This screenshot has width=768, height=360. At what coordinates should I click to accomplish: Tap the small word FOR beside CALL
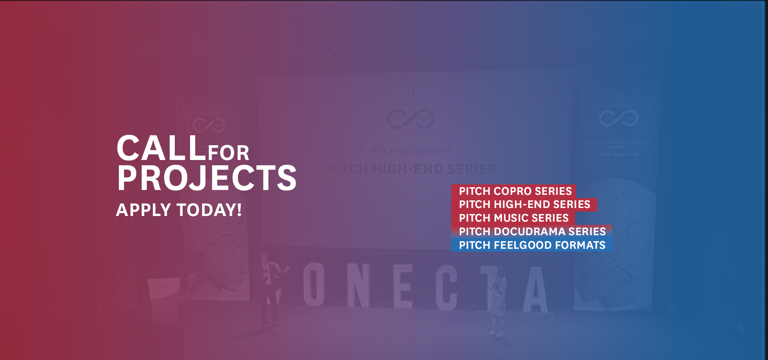228,153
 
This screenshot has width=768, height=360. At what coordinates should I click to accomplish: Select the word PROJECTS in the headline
206,178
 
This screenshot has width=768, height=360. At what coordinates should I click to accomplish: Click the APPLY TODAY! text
179,210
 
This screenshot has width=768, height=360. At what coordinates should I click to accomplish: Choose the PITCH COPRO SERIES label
515,191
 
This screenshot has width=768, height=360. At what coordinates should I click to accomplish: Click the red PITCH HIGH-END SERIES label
524,204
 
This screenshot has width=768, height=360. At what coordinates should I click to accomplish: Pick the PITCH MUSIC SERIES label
513,218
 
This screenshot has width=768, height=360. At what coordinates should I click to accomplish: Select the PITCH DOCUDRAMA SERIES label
532,232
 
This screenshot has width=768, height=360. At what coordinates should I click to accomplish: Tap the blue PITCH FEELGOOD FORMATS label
532,245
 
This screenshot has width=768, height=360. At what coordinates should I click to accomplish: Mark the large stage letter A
535,290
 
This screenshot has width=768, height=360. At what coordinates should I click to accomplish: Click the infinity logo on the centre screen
410,119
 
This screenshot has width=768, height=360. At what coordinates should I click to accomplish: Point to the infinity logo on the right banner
618,118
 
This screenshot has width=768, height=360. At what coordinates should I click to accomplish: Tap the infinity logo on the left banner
209,124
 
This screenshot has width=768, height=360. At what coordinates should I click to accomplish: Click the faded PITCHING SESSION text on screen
411,151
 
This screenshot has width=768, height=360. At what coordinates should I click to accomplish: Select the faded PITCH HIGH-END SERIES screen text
412,169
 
